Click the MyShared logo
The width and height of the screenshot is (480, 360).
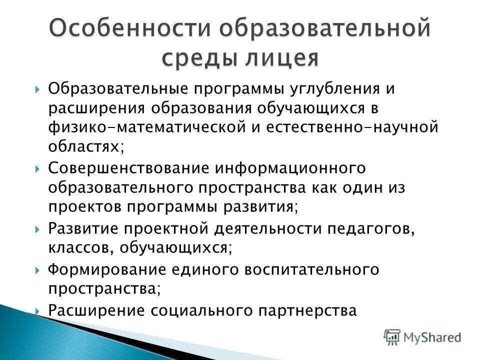point(422,336)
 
